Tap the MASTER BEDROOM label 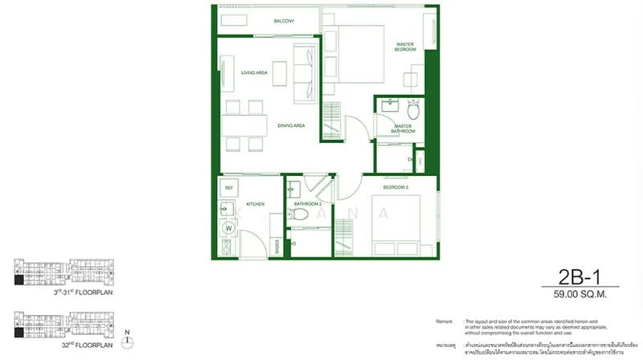[404, 47]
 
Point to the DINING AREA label [290, 125]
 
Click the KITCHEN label [256, 205]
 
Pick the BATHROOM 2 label [307, 205]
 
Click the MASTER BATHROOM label [402, 129]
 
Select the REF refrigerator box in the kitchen [229, 188]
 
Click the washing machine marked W [228, 228]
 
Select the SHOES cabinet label [277, 245]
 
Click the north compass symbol [126, 342]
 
